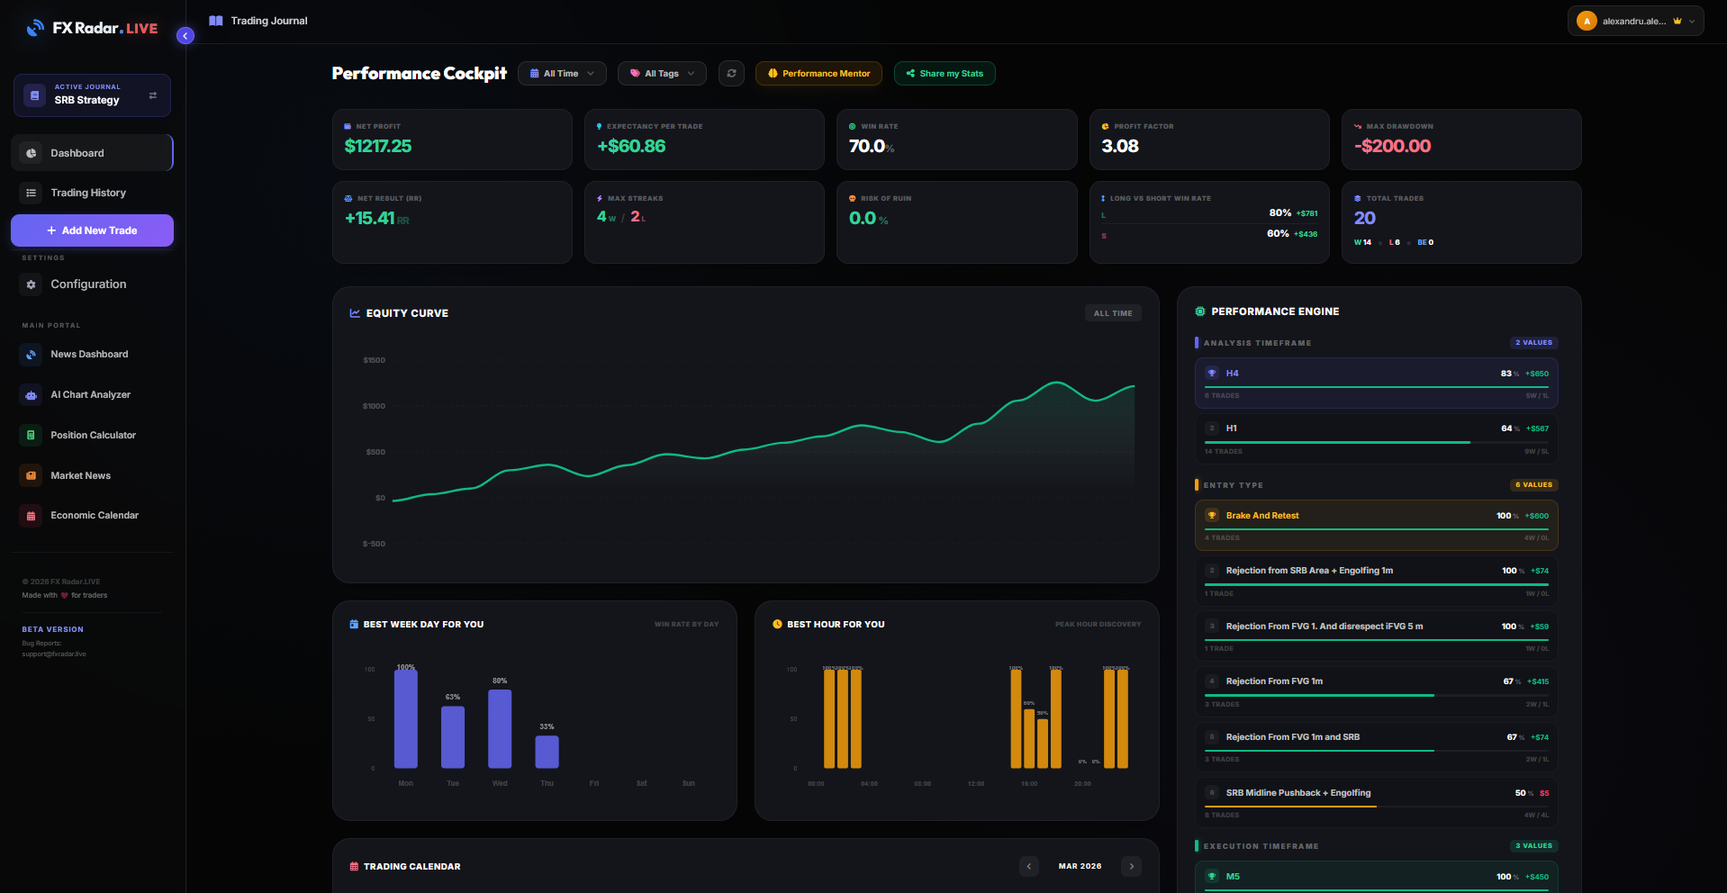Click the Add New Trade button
tap(92, 230)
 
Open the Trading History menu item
tap(87, 193)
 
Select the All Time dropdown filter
tap(562, 74)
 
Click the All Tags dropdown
tap(662, 74)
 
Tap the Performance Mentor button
tap(818, 74)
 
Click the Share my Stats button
tap(945, 74)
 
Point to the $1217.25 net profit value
tap(378, 146)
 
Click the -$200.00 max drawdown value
tap(1393, 146)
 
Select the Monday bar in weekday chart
tap(406, 718)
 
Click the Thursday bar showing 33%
tap(547, 752)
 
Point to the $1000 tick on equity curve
tap(374, 406)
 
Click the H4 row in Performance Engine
tap(1376, 383)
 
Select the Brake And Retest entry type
tap(1376, 525)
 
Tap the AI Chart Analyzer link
tap(90, 394)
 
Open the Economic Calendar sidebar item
tap(94, 515)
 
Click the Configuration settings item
tap(87, 284)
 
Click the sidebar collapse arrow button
tap(185, 36)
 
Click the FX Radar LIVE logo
tap(92, 28)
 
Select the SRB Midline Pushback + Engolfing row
tap(1376, 801)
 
